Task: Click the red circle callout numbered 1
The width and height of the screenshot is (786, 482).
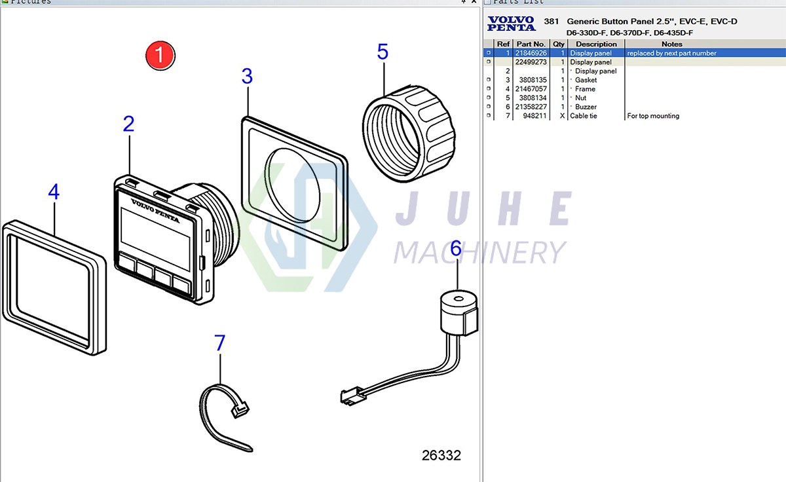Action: (160, 55)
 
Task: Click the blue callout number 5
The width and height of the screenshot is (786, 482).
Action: (383, 51)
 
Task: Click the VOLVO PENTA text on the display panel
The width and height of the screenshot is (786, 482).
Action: (155, 210)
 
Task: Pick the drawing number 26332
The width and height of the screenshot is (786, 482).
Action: (441, 455)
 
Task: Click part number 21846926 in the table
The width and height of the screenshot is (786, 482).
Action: (531, 53)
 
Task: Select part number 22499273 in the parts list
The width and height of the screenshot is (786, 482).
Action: (531, 62)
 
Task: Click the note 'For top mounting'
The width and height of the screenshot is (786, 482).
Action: (653, 116)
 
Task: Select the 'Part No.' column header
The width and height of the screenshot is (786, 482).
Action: (531, 44)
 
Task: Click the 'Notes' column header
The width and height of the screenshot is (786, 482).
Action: (672, 44)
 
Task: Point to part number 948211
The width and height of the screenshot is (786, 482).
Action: (535, 116)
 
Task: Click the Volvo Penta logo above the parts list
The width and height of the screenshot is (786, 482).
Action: (512, 24)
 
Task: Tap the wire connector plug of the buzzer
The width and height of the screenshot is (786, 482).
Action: (348, 396)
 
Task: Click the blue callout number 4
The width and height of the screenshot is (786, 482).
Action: (54, 192)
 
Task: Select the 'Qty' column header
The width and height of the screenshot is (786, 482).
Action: (558, 44)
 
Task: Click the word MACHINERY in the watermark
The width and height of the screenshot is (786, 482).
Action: (480, 252)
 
